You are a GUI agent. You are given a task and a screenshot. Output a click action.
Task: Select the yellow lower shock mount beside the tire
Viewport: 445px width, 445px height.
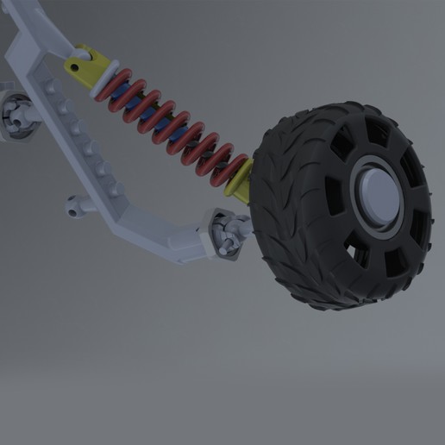pos(239,179)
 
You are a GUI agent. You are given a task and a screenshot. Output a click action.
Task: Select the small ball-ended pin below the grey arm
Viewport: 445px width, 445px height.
pos(79,205)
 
